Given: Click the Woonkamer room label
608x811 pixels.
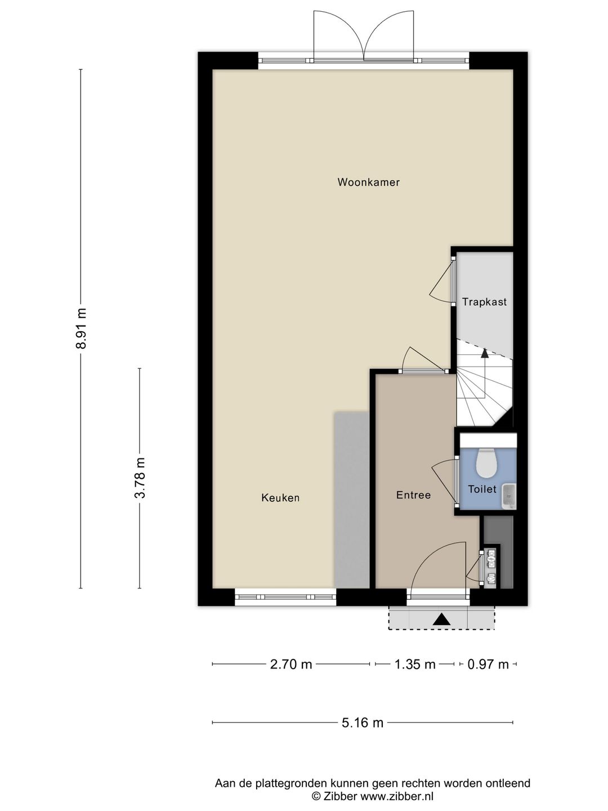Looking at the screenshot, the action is [x=368, y=182].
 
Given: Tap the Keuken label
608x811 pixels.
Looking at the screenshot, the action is [x=280, y=498].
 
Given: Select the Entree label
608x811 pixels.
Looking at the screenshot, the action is [x=413, y=495].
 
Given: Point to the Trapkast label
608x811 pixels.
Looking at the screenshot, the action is [x=484, y=302].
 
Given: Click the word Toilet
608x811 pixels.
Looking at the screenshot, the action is [x=482, y=489].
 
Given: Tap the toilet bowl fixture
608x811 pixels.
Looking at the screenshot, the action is [x=486, y=462].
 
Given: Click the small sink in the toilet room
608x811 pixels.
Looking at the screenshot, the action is [x=509, y=496].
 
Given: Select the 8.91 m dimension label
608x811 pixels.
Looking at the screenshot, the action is [x=81, y=328].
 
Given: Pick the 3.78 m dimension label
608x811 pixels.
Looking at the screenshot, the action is [x=140, y=478].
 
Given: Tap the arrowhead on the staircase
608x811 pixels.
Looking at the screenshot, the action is [x=484, y=353].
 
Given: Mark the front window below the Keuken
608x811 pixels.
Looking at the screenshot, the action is [x=285, y=596].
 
